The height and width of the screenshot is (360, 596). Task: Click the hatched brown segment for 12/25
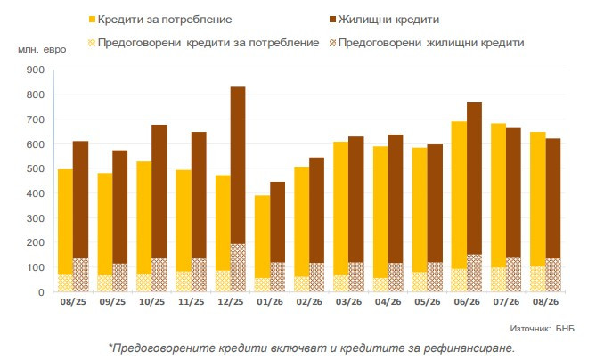(238, 268)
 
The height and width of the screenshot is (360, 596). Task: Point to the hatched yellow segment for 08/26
(538, 279)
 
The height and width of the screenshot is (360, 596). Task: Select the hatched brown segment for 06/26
(474, 273)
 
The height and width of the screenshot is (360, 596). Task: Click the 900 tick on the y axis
(36, 70)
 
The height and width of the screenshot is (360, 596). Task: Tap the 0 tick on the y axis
(41, 292)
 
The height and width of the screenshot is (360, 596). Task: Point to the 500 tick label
(36, 168)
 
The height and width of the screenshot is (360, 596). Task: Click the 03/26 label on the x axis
(349, 302)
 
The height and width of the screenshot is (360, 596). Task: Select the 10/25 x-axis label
(152, 302)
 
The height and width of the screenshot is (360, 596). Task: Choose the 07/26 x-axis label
(506, 302)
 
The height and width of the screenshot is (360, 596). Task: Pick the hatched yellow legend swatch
(92, 43)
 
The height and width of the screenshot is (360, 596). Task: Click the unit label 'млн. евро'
(42, 49)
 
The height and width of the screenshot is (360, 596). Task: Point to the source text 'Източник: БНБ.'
(543, 329)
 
